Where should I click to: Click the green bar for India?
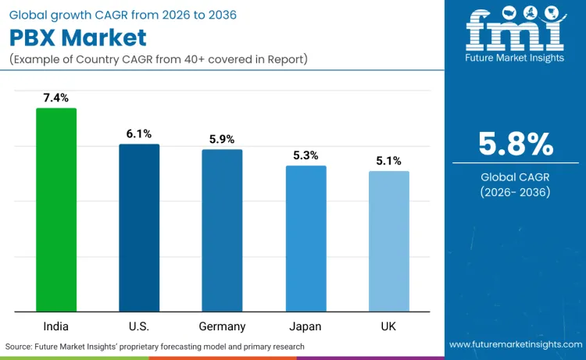(56, 209)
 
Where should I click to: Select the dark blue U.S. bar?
(139, 227)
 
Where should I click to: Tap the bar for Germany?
(222, 230)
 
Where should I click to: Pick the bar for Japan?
(306, 238)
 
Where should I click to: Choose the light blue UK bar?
(388, 241)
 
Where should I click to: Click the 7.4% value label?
(56, 98)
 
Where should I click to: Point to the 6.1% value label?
(139, 134)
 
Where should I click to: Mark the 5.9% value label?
(222, 139)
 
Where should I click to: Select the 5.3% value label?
(306, 155)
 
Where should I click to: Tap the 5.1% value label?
(388, 161)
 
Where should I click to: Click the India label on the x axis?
(56, 326)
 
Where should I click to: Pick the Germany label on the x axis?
(222, 326)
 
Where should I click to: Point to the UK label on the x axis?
(388, 326)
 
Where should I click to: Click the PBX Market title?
(78, 37)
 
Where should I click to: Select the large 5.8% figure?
(516, 144)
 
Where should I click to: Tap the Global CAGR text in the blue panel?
(516, 177)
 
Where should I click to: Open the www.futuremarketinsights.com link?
(515, 344)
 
